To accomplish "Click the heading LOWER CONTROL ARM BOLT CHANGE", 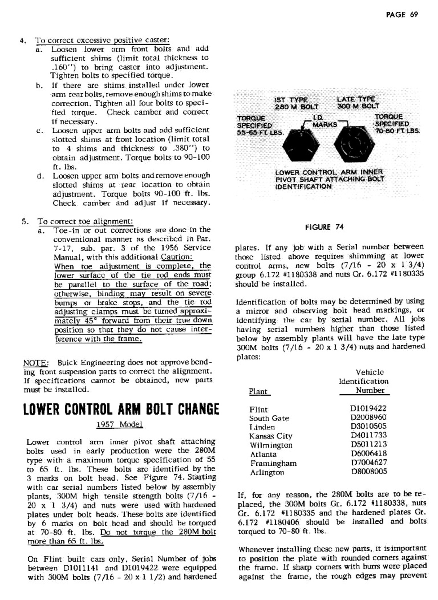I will click(x=121, y=409).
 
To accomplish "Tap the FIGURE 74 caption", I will click(x=324, y=227).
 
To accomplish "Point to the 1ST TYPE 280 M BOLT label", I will click(x=297, y=103).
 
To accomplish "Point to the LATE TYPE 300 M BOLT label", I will click(x=358, y=103).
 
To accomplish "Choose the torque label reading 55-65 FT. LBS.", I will click(x=260, y=125).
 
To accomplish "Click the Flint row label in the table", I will click(x=258, y=409).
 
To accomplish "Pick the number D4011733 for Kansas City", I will click(x=368, y=435).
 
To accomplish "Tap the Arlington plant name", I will click(x=267, y=472).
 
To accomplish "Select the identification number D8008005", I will click(x=368, y=472).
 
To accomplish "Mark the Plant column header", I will click(x=258, y=391).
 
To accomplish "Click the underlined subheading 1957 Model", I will click(x=119, y=424).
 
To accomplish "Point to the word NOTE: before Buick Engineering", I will click(x=36, y=363).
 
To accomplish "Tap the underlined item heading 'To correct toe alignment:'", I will click(x=85, y=221).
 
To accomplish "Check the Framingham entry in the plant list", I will click(x=273, y=463).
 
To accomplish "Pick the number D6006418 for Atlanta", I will click(x=368, y=453).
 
